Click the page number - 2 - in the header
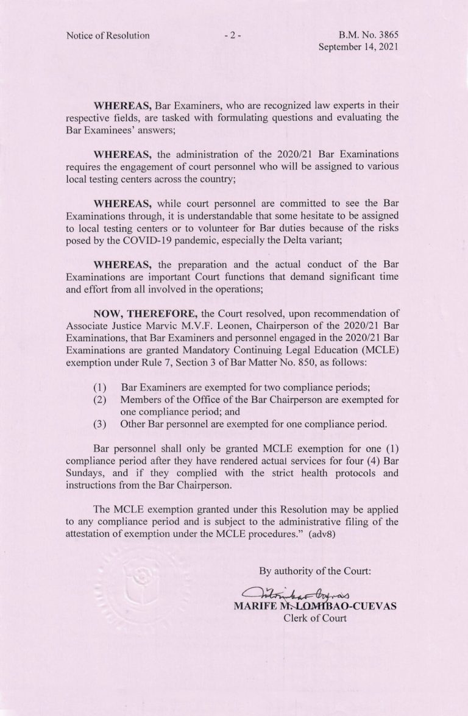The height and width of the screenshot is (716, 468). point(233,35)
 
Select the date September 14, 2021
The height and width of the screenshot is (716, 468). point(359,48)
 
